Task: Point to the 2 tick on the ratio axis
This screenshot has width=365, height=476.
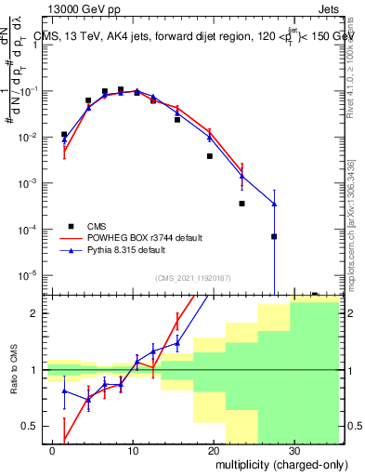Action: point(41,313)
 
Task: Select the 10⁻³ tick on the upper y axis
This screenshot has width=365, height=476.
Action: point(36,182)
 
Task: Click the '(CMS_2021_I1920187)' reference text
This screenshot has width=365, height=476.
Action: point(192,277)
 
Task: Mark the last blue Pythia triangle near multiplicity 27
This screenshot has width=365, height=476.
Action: point(274,204)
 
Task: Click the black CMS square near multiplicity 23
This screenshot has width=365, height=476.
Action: point(241,203)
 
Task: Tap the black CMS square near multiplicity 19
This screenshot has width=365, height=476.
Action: point(210,156)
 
